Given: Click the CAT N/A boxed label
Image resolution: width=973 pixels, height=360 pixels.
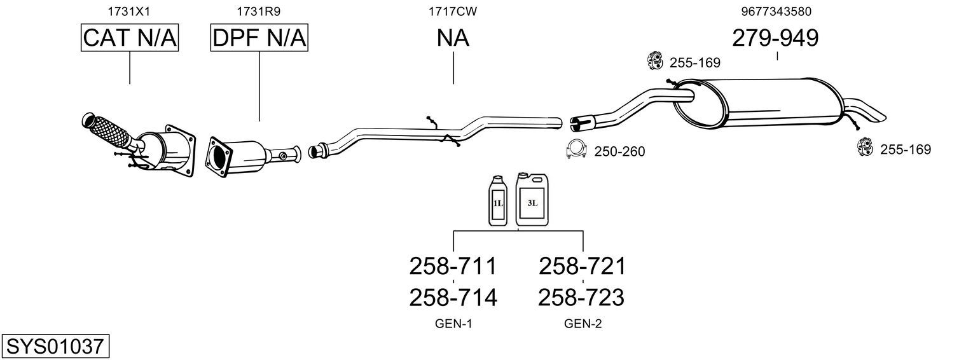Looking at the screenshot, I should pyautogui.click(x=130, y=38).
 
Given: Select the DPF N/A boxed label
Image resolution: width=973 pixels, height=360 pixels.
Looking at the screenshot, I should pyautogui.click(x=259, y=38).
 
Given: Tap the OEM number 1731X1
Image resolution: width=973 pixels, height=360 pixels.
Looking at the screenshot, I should pyautogui.click(x=130, y=11).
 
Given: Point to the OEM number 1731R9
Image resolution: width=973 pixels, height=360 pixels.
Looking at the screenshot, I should pyautogui.click(x=259, y=11).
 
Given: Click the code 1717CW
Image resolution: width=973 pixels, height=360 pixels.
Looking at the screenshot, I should pyautogui.click(x=453, y=11).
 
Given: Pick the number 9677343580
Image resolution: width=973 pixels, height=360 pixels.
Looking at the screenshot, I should pyautogui.click(x=776, y=11).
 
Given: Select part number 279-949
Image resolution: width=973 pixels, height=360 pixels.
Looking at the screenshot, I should pyautogui.click(x=775, y=38).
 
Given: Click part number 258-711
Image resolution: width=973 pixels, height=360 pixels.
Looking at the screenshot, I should pyautogui.click(x=453, y=266).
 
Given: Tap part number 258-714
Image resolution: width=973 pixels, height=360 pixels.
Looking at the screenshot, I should pyautogui.click(x=453, y=297).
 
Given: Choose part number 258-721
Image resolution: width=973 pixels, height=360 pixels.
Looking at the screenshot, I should pyautogui.click(x=583, y=266).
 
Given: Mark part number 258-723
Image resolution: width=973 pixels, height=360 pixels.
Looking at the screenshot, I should pyautogui.click(x=581, y=297).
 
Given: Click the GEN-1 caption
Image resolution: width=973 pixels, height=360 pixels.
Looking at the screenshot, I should pyautogui.click(x=453, y=324).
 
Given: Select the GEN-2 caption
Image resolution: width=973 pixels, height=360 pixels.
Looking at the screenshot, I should pyautogui.click(x=583, y=324).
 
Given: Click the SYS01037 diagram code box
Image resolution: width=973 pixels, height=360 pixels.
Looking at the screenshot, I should pyautogui.click(x=55, y=347).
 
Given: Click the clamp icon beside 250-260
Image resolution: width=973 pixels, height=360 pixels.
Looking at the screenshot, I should pyautogui.click(x=576, y=149).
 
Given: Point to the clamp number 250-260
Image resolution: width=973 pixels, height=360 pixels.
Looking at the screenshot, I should pyautogui.click(x=619, y=151).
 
